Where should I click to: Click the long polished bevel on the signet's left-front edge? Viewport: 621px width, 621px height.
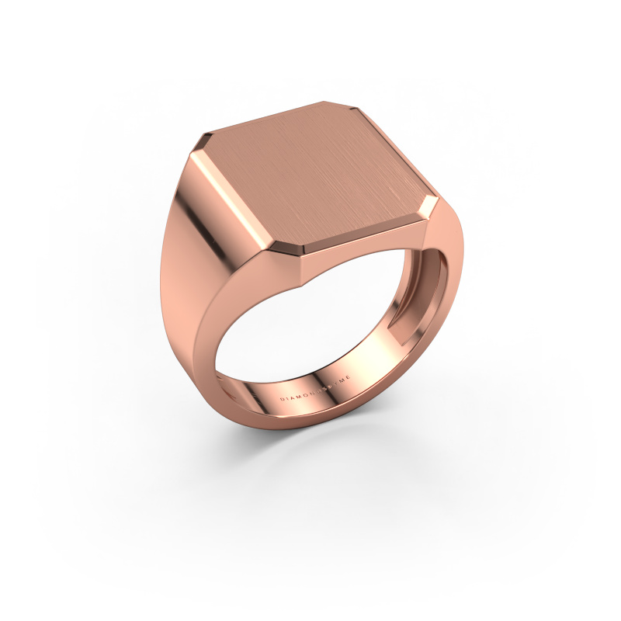[241, 198]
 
